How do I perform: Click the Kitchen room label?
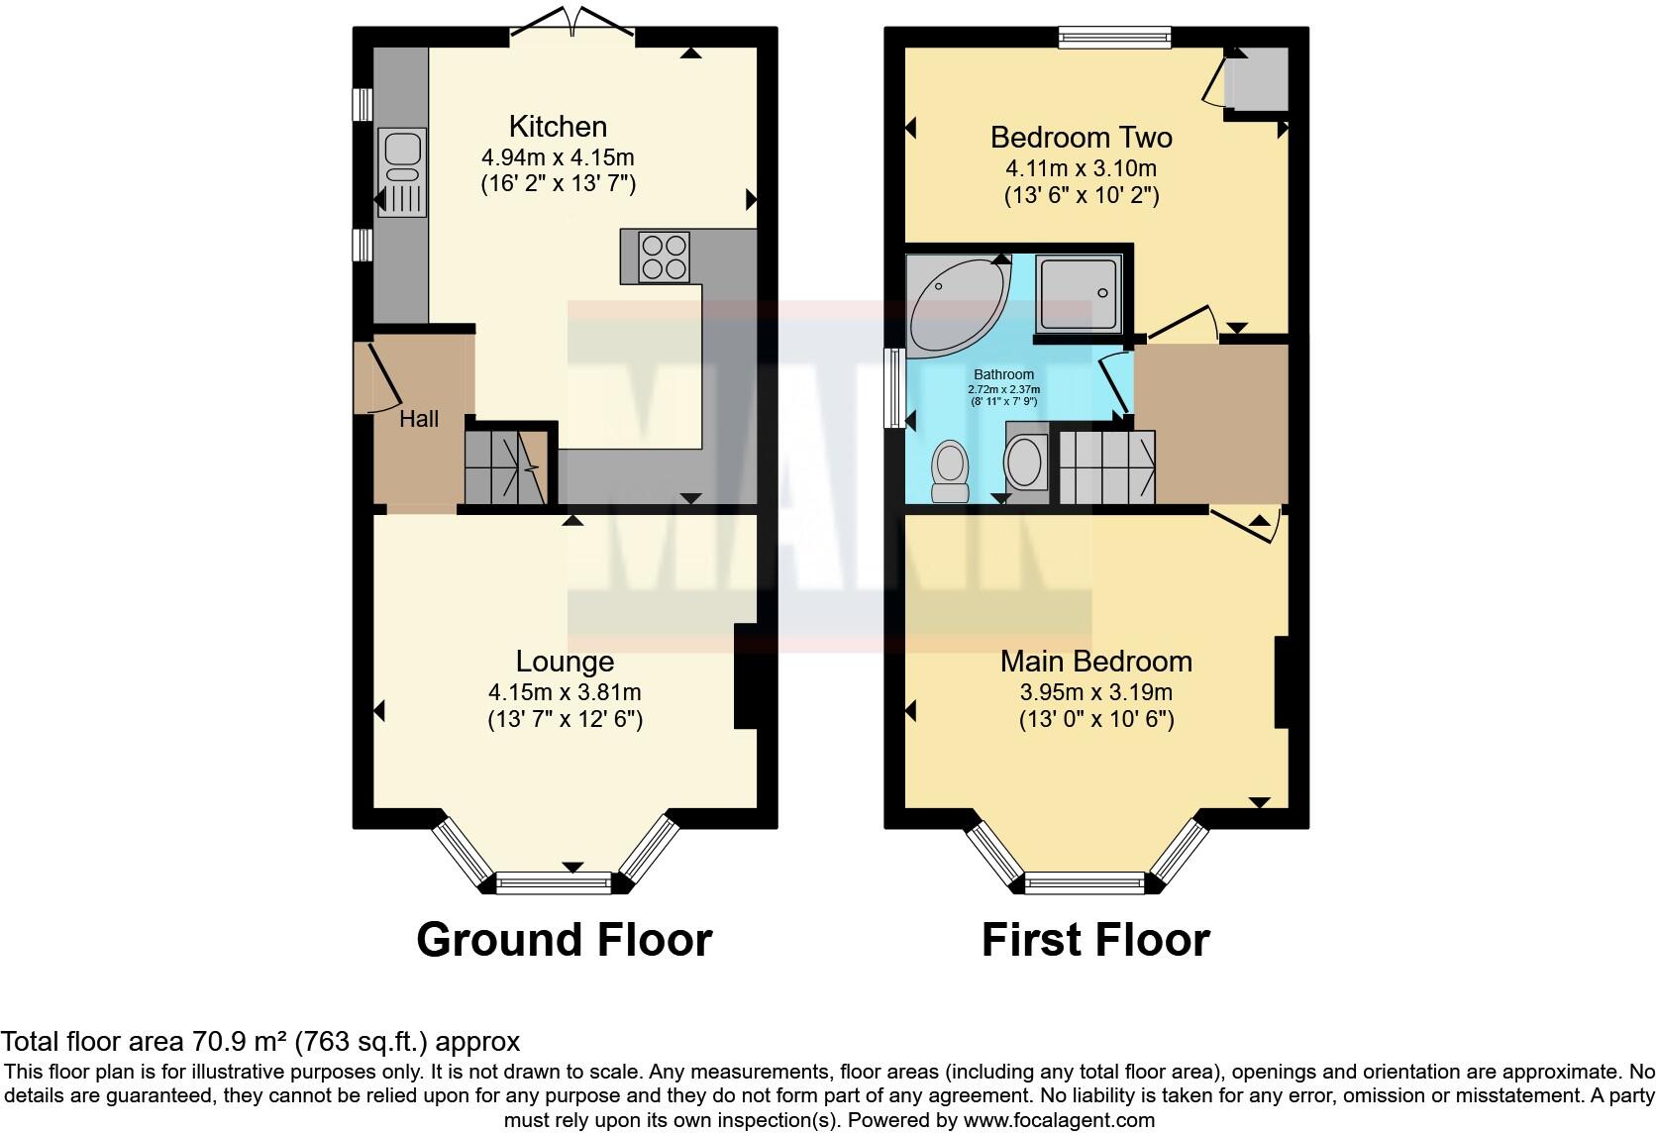click(558, 127)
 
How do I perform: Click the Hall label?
click(419, 419)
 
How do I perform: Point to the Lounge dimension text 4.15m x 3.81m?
click(565, 692)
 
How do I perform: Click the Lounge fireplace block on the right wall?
click(746, 676)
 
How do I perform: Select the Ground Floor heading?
click(564, 939)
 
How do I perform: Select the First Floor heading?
click(1095, 939)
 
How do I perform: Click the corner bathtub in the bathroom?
click(951, 302)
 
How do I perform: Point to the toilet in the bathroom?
click(951, 471)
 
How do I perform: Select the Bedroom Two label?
click(1082, 137)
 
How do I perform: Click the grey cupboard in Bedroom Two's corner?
click(1257, 79)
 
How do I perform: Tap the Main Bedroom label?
click(1095, 661)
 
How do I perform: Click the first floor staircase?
click(1107, 467)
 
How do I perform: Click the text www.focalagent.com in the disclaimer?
click(1058, 1121)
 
